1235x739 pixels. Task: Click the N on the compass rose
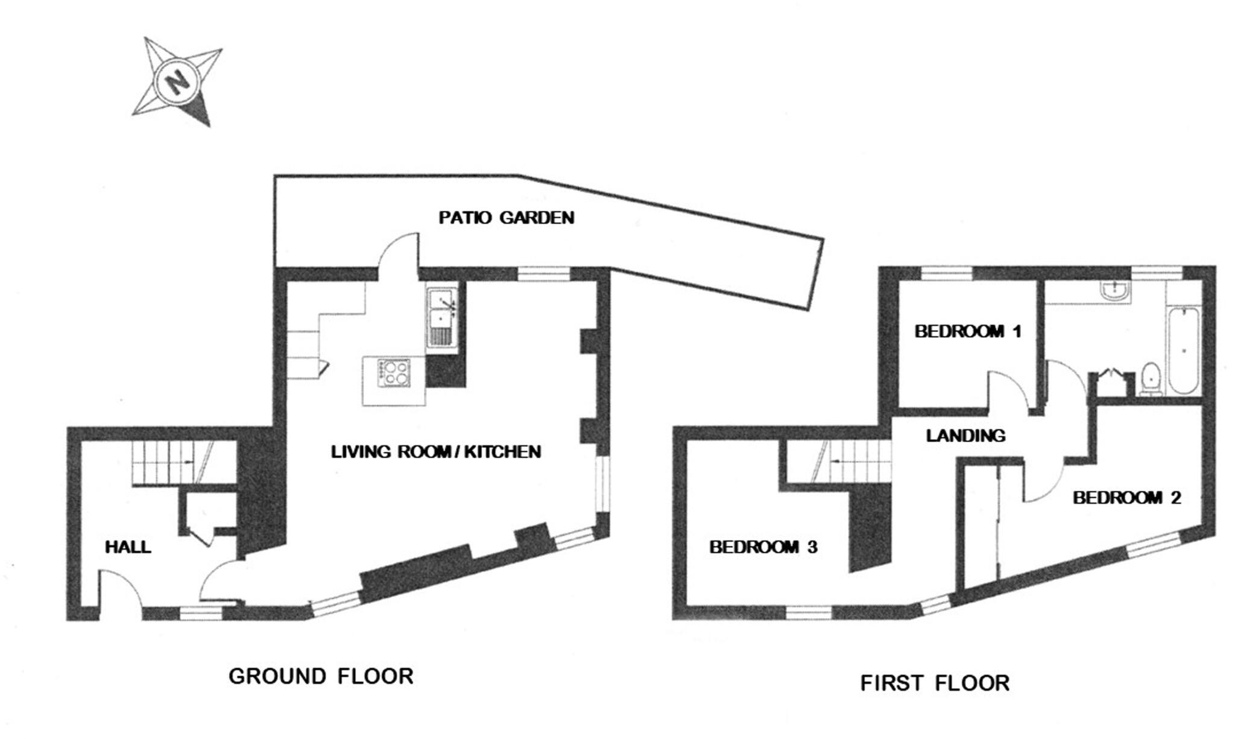tap(177, 81)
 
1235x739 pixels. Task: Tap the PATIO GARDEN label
tap(506, 217)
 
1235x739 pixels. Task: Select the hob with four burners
tap(393, 372)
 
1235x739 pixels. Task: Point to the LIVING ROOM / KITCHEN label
tap(435, 451)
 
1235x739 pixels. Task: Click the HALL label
tap(128, 547)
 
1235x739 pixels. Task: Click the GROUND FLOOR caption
tap(321, 676)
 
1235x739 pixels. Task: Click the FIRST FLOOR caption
tap(934, 683)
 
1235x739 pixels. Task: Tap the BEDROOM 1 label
tap(967, 331)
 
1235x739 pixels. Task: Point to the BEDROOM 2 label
tap(1126, 498)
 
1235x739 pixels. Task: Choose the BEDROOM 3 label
tap(763, 547)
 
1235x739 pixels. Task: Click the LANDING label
tap(965, 436)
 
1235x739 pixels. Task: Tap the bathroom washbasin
tap(1114, 293)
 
